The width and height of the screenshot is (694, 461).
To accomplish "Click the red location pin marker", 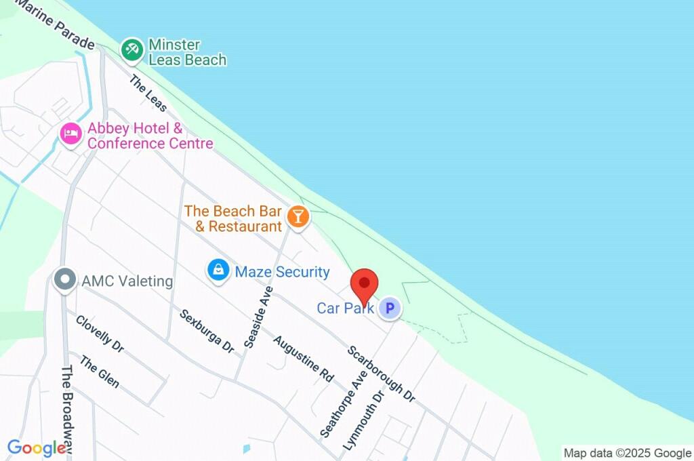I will point(364,285).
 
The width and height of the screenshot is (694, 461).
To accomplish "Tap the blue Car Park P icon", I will point(389,309).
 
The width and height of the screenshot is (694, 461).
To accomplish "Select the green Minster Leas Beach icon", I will point(131,49).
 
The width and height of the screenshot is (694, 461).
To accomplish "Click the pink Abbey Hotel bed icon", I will point(70,134).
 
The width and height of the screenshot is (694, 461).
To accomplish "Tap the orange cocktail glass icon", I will point(297,217).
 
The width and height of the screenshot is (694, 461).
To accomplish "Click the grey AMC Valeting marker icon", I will point(65,279).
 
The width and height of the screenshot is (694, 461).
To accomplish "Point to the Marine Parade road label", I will point(58,27).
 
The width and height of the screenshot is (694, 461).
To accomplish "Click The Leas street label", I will point(148,94).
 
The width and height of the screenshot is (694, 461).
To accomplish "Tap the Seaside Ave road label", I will point(258,317).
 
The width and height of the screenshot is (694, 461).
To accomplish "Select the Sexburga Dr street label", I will point(207,332).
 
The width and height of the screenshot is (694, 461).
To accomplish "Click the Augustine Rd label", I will point(304,357).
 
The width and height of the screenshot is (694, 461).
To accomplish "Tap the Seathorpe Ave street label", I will point(343,404).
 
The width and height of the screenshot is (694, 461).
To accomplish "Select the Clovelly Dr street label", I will point(100,334).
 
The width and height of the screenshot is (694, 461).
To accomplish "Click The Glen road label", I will point(99,372).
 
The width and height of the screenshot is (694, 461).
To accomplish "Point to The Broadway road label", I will point(68,407).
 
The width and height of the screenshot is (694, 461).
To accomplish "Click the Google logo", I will point(37,448).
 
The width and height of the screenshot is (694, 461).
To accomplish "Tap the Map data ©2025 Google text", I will point(628,453).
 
